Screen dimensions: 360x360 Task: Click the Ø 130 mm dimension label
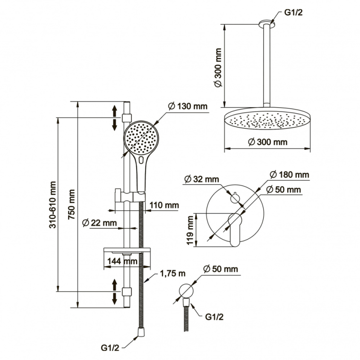[x=188, y=106]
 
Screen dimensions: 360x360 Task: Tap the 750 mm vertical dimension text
[x=72, y=205]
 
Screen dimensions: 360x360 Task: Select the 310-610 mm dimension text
[x=53, y=205]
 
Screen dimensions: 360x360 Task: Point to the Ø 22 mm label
[x=99, y=223]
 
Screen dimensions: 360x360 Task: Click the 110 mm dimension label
[x=164, y=205]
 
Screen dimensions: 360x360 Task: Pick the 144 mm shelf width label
[x=122, y=261]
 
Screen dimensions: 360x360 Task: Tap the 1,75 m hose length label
[x=172, y=274]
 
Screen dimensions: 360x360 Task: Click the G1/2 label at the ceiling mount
[x=293, y=12]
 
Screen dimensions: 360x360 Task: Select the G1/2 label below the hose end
[x=110, y=348]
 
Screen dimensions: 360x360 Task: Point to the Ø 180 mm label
[x=289, y=175]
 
